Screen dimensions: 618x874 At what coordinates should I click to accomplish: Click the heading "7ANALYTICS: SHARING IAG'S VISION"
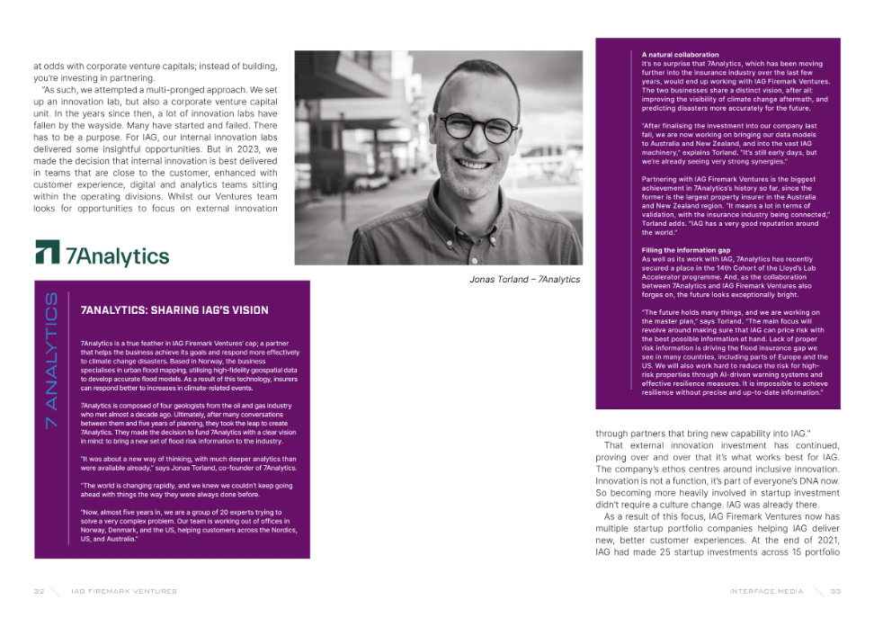(174, 310)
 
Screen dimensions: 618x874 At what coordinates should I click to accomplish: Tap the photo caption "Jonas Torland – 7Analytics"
(524, 280)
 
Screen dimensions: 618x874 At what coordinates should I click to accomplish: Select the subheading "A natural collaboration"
(680, 56)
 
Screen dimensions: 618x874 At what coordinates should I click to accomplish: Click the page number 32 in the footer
(39, 591)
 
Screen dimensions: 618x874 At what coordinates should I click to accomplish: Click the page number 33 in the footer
(835, 591)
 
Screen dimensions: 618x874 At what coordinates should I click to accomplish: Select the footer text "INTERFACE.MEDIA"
(767, 591)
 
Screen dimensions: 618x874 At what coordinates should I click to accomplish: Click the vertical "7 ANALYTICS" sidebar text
(51, 360)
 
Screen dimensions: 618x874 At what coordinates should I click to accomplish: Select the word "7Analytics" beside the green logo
(117, 256)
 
